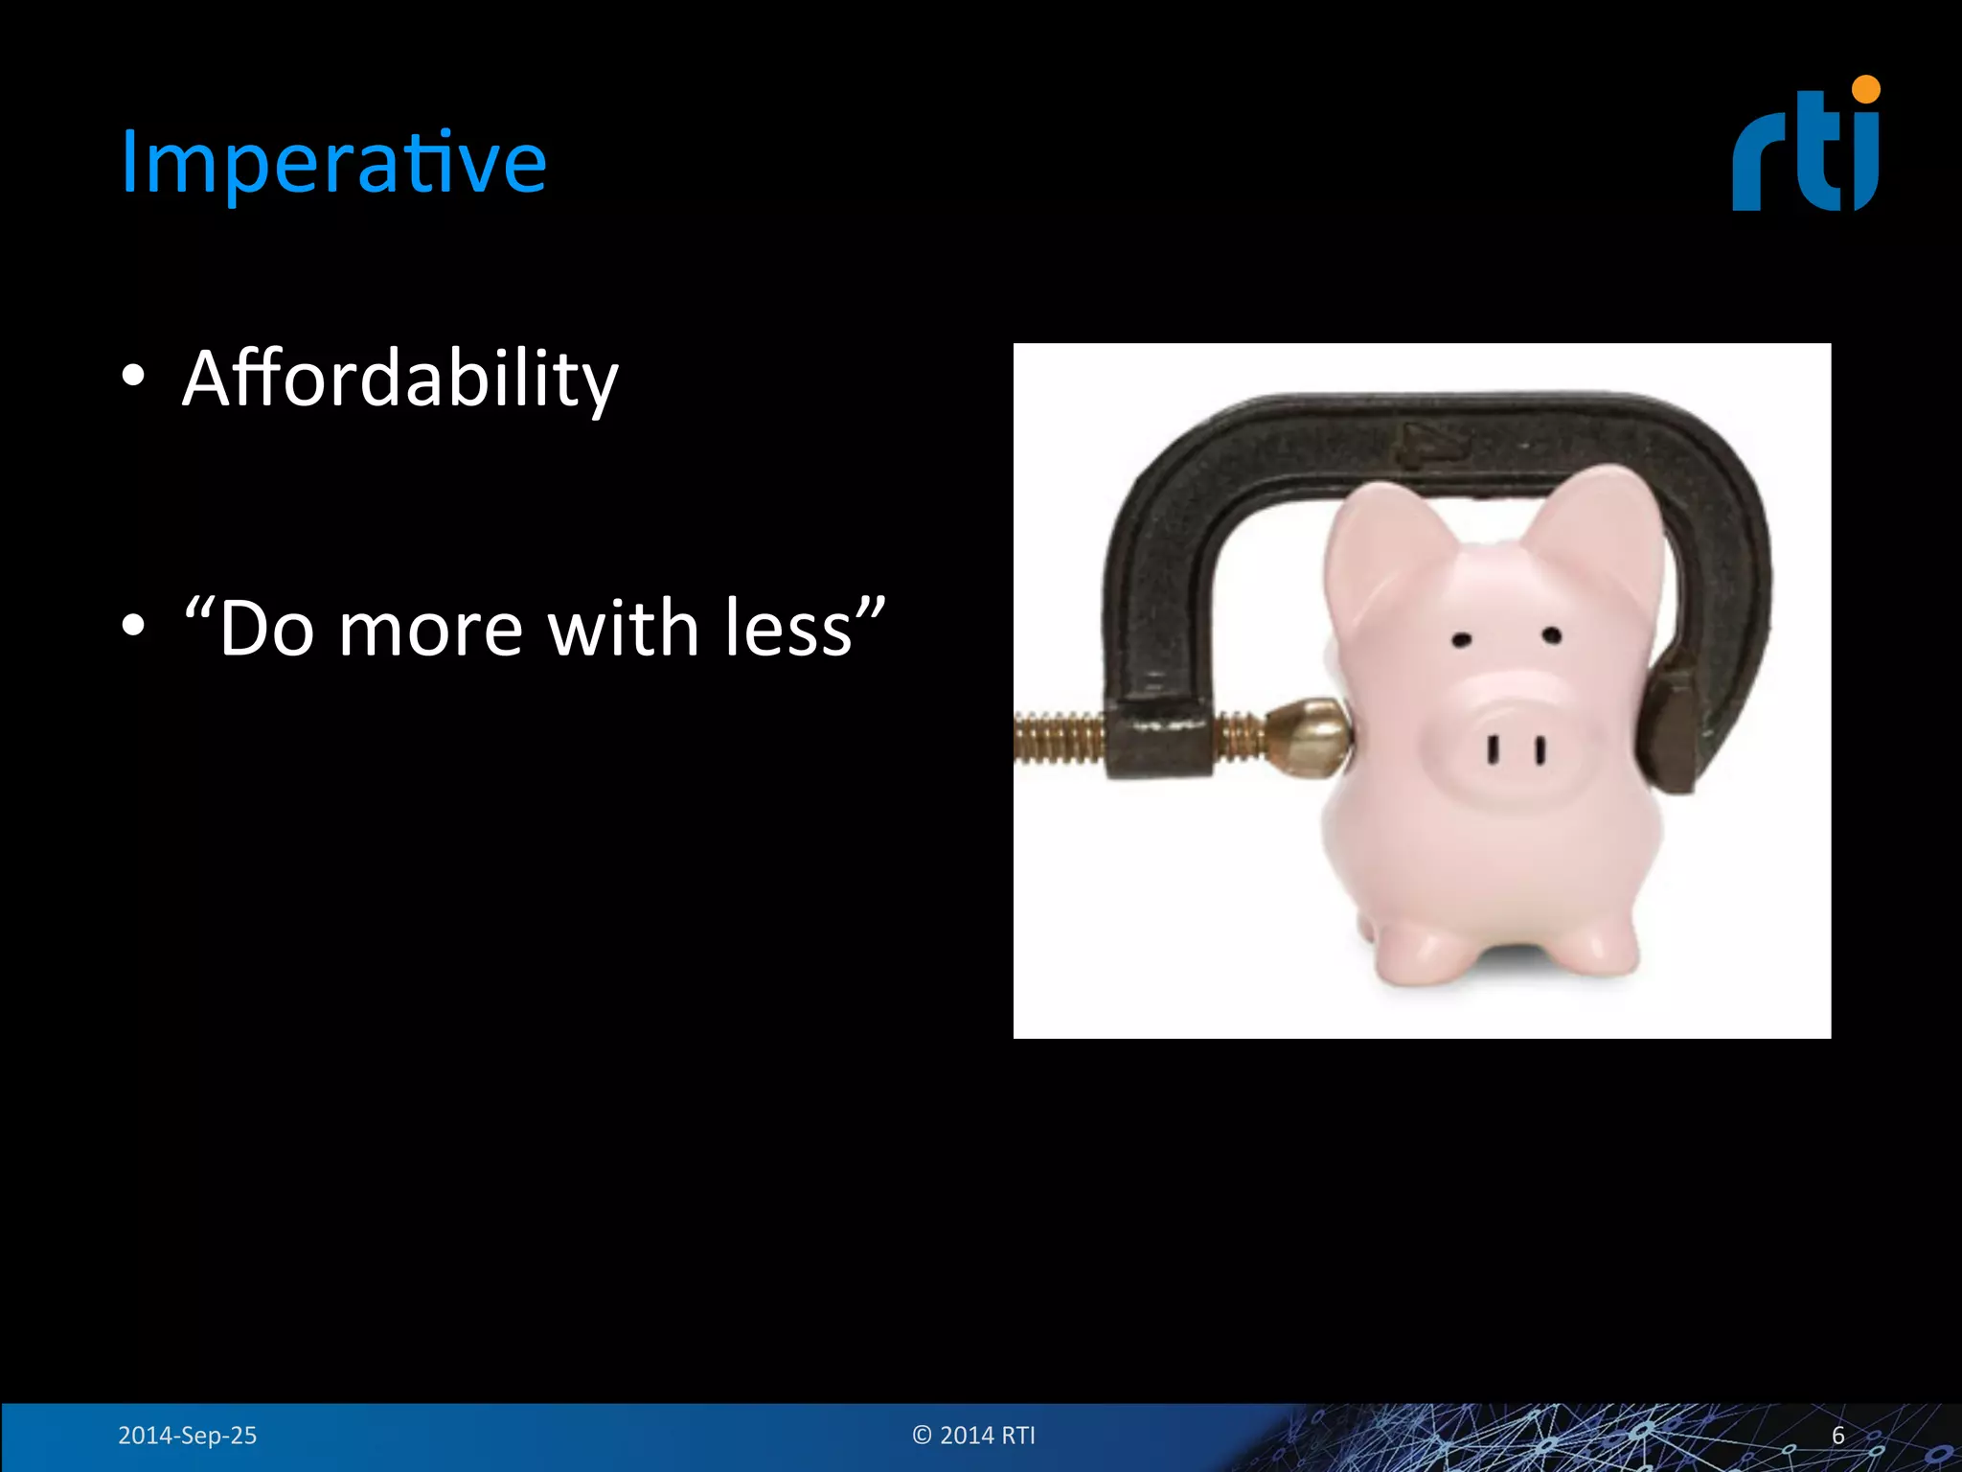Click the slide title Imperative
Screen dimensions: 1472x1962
(332, 163)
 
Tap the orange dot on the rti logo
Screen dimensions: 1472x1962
(1865, 90)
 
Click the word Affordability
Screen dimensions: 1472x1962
(400, 379)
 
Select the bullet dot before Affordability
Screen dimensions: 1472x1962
(133, 376)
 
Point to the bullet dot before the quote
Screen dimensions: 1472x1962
(133, 626)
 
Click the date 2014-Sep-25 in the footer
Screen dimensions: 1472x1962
(187, 1435)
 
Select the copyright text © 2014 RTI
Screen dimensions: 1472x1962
(973, 1435)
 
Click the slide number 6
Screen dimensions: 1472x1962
(1837, 1435)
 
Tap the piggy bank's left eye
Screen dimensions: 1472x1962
(1461, 639)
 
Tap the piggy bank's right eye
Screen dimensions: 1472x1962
(1552, 635)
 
